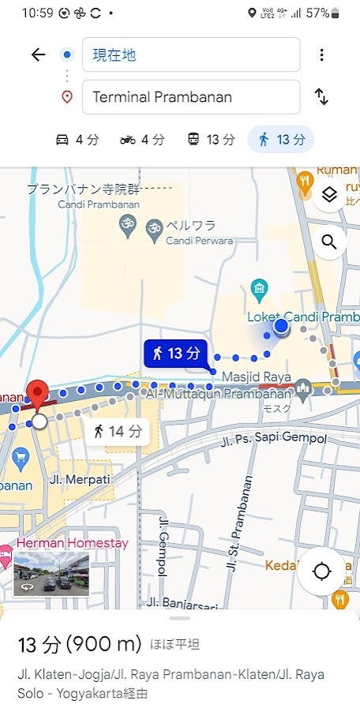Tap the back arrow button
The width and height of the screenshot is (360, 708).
(38, 54)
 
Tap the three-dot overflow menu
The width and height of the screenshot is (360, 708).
(321, 54)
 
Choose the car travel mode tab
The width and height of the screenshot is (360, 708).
(77, 140)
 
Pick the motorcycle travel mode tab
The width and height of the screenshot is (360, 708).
(142, 140)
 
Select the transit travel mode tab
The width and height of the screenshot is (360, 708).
(209, 140)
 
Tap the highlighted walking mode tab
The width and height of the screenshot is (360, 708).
(281, 140)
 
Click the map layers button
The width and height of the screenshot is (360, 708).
(329, 195)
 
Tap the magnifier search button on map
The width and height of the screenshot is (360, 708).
(329, 242)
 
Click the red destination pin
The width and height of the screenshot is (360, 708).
(36, 395)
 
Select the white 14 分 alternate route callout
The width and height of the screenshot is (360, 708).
(117, 432)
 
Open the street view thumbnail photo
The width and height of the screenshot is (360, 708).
(51, 573)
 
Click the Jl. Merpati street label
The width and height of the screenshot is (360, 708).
(80, 478)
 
